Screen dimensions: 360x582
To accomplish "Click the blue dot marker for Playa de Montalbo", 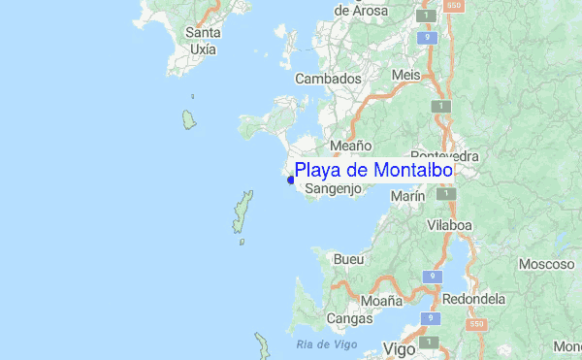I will [x=291, y=179].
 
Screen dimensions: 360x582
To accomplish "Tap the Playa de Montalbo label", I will [x=373, y=171].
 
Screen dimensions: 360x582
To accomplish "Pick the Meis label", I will [x=405, y=75].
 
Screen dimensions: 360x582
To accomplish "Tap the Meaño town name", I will [x=350, y=146].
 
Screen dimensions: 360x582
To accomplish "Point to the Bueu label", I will [x=348, y=260].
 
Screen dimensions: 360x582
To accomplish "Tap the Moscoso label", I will [x=547, y=264].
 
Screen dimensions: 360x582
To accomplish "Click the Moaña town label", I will [x=381, y=301].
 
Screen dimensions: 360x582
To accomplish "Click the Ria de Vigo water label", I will [x=327, y=344].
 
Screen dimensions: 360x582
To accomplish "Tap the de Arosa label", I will [x=361, y=12].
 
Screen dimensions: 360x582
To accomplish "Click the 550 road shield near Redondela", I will [x=475, y=324].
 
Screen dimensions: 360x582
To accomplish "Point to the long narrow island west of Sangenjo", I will [x=242, y=213].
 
